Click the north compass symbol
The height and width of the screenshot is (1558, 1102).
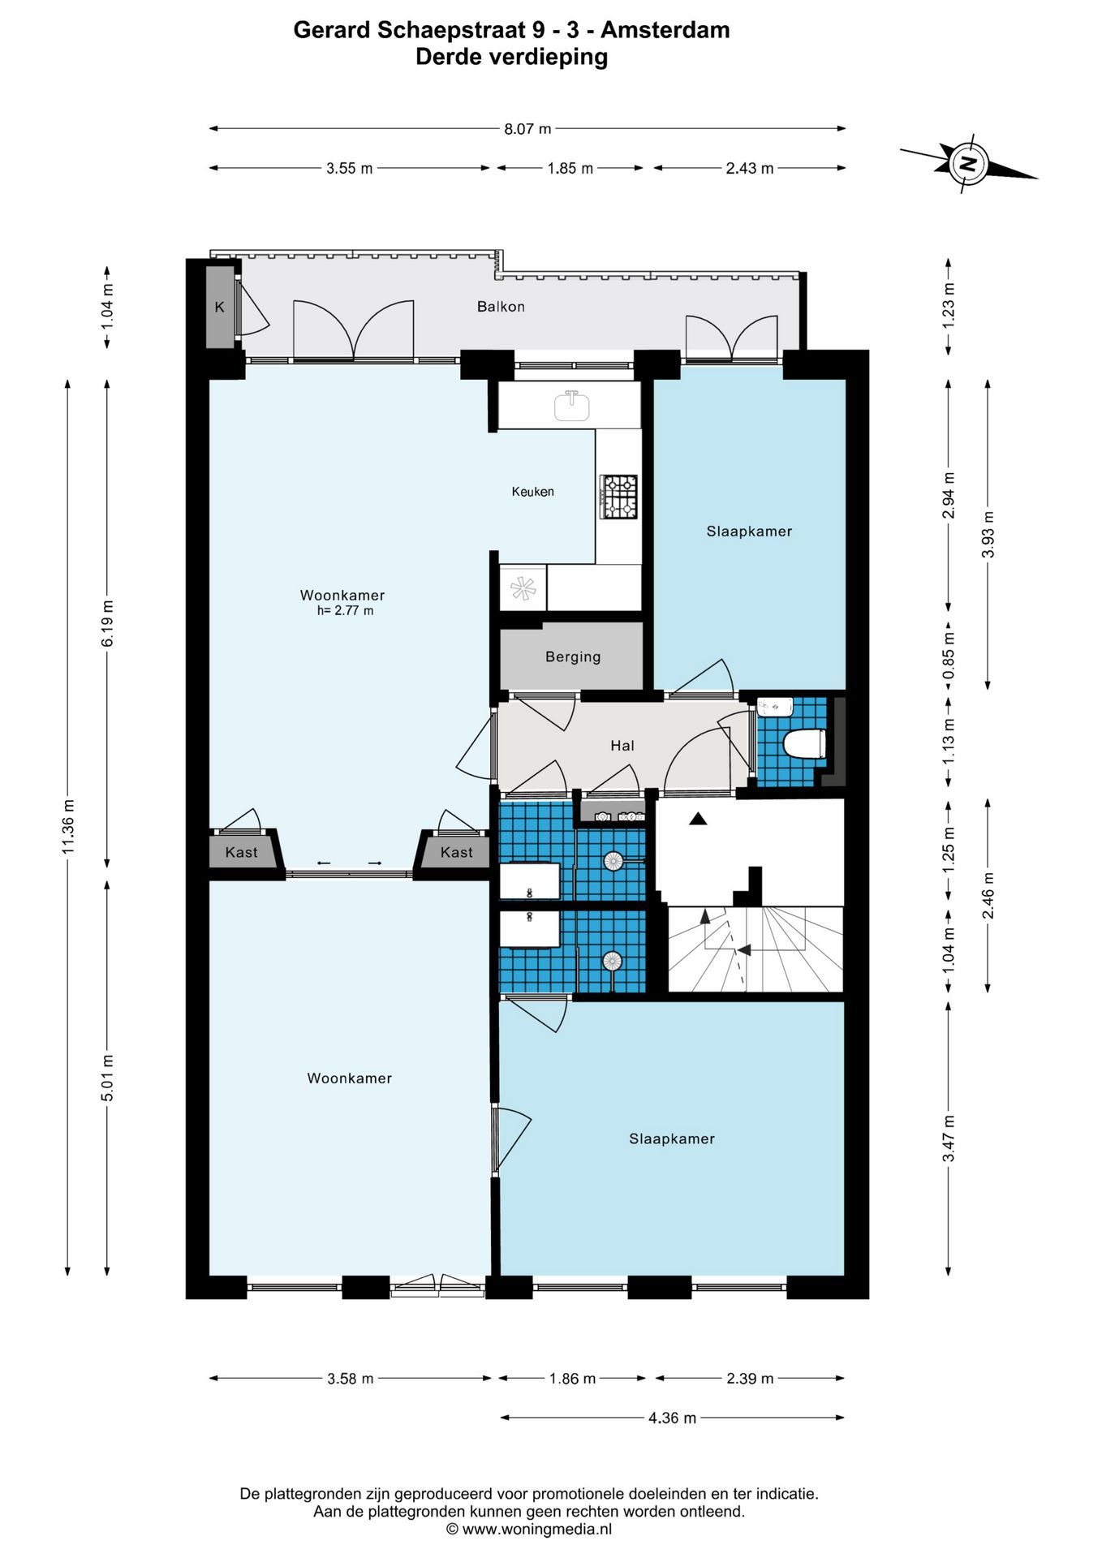(x=968, y=163)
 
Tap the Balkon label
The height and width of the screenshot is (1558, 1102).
(x=501, y=307)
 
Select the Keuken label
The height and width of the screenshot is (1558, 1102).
(x=532, y=492)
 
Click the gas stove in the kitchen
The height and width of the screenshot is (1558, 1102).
(x=618, y=497)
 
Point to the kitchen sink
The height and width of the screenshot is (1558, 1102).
(x=572, y=405)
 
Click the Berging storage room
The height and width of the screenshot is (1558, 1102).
(x=571, y=657)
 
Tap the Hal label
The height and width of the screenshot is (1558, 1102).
(x=622, y=746)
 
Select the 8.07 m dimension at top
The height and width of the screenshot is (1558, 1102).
(x=527, y=128)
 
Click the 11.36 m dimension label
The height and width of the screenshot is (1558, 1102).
(x=68, y=825)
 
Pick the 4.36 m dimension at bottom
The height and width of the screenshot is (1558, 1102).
(x=672, y=1418)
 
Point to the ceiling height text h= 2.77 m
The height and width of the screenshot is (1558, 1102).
(x=345, y=611)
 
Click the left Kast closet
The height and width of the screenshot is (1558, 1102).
(x=241, y=852)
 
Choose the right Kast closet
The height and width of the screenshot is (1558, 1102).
(x=456, y=852)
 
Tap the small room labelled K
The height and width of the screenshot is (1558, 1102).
(x=219, y=307)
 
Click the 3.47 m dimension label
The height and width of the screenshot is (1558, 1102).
(x=948, y=1138)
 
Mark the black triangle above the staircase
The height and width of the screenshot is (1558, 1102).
(x=698, y=820)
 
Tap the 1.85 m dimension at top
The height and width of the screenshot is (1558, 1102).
(x=570, y=169)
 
